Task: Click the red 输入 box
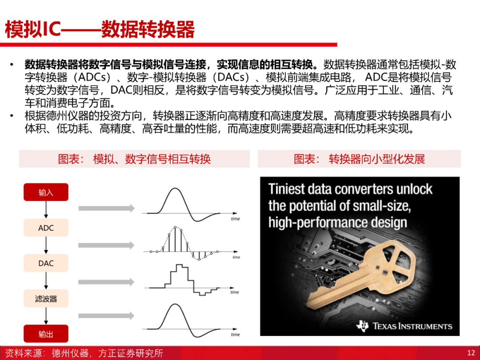click(46, 192)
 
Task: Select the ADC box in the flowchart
click(46, 228)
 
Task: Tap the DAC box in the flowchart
click(46, 263)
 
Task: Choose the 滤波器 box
click(46, 299)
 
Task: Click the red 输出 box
click(46, 334)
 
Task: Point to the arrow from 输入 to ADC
click(46, 210)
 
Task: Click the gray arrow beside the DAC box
click(106, 282)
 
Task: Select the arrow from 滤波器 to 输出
click(46, 316)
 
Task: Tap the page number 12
click(471, 353)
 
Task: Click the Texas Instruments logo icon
click(363, 326)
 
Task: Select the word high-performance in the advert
click(318, 223)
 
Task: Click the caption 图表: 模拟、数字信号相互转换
click(134, 159)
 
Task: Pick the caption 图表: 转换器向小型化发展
click(360, 159)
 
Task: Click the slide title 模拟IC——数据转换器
click(100, 29)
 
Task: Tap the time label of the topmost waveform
click(235, 219)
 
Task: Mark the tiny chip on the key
click(385, 272)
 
